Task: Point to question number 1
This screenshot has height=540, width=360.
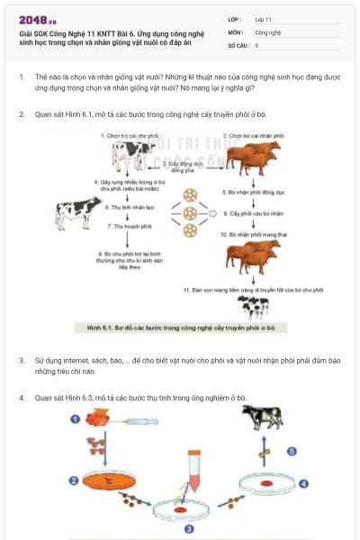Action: tap(22, 78)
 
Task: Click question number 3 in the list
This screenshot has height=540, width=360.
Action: tap(22, 360)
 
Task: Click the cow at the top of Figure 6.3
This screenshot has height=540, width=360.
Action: tap(265, 419)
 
